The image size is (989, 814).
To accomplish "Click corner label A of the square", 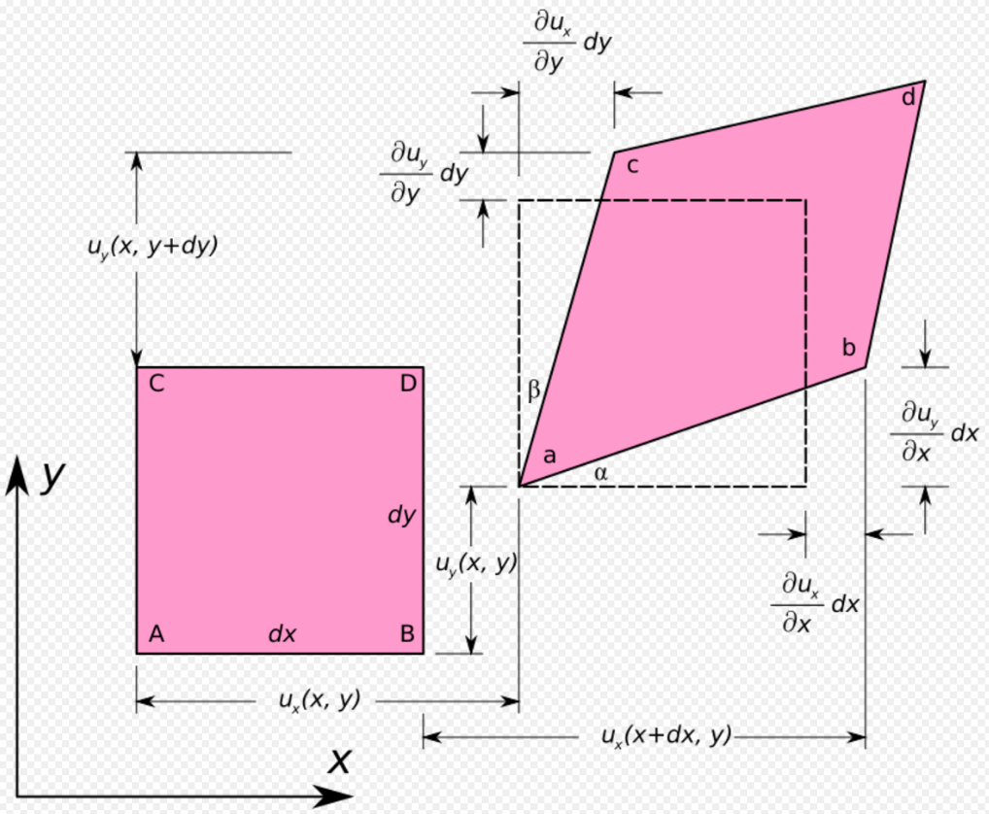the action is pos(156,633).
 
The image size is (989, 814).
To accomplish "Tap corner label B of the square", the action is pos(407,633).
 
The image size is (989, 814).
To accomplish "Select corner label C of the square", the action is pos(156,384).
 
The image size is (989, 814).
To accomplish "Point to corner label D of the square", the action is pos(408,383).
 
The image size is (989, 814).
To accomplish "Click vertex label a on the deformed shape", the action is pos(549,456).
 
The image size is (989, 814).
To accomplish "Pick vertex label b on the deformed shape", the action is pos(849,348).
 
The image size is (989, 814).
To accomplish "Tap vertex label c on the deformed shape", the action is pos(632,166).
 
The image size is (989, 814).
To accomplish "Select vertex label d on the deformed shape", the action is pos(908,98).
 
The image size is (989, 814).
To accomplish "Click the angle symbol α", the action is pos(600,473).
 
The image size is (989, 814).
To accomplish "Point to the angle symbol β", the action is pos(533,390).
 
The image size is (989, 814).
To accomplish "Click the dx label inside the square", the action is pos(282,633).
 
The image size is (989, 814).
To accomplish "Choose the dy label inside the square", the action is pos(401,515).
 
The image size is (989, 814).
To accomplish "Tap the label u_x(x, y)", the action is pos(320,700).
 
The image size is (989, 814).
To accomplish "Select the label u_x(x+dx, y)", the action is pos(666,736).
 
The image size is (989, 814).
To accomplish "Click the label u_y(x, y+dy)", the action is pos(153,246).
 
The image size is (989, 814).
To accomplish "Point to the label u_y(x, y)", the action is pos(476,563).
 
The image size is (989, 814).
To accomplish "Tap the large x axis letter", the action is pos(339,761).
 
